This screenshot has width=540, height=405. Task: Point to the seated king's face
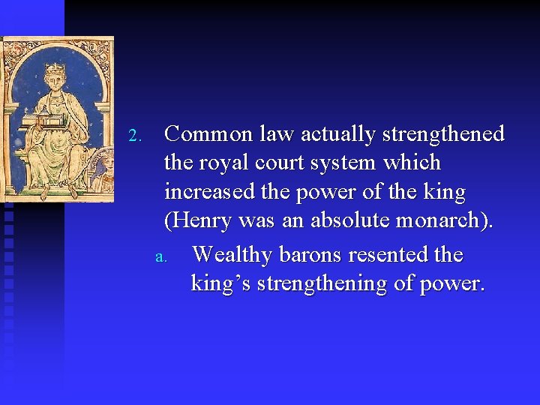click(55, 83)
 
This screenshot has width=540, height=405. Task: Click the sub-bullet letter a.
click(159, 257)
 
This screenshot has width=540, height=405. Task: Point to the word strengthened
click(443, 134)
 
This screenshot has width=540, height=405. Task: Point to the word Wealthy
click(232, 255)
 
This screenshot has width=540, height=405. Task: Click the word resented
click(390, 255)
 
